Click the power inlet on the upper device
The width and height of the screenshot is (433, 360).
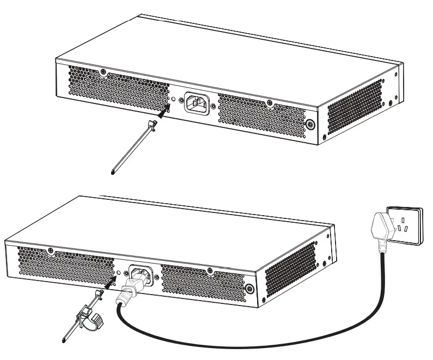(x=196, y=103)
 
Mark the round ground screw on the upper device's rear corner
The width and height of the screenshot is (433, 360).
(x=311, y=124)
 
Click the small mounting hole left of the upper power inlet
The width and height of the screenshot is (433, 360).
(x=174, y=100)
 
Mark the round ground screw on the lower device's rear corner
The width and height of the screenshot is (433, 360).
(x=250, y=289)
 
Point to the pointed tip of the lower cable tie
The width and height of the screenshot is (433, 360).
(x=63, y=342)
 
